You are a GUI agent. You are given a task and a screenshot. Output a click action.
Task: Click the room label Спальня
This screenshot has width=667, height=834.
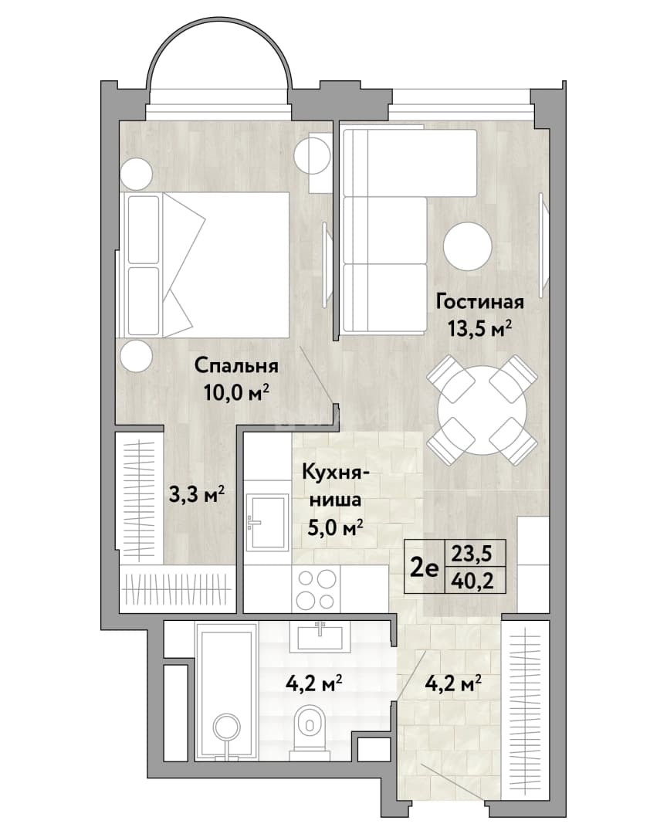pyautogui.click(x=236, y=366)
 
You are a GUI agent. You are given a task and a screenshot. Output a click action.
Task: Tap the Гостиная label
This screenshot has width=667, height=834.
pyautogui.click(x=479, y=302)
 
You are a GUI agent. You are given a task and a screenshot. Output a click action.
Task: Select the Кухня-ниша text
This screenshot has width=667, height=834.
pyautogui.click(x=332, y=486)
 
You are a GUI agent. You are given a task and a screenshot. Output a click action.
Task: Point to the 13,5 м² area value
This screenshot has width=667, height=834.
pyautogui.click(x=479, y=329)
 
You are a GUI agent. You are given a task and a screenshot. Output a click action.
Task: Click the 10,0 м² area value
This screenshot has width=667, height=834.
pyautogui.click(x=236, y=393)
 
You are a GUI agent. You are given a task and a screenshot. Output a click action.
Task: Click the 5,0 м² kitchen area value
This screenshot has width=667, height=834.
pyautogui.click(x=336, y=527)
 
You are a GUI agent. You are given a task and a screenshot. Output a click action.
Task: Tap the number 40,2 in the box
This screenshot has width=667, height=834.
pyautogui.click(x=472, y=581)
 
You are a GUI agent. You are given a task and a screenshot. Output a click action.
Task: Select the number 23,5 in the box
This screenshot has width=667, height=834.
pyautogui.click(x=472, y=554)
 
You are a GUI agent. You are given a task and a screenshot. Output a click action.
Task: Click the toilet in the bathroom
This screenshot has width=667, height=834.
pyautogui.click(x=310, y=730)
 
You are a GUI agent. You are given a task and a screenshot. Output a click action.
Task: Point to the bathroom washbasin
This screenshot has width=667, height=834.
pyautogui.click(x=319, y=636)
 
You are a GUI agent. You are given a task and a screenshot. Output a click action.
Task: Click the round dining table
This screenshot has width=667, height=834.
pyautogui.click(x=482, y=410)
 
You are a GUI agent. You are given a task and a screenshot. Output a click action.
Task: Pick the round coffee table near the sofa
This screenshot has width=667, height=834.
pyautogui.click(x=468, y=246)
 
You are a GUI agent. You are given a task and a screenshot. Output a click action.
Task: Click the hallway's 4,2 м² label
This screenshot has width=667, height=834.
pyautogui.click(x=454, y=683)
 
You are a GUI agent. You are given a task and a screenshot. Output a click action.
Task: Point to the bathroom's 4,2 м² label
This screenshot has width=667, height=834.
pyautogui.click(x=313, y=683)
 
